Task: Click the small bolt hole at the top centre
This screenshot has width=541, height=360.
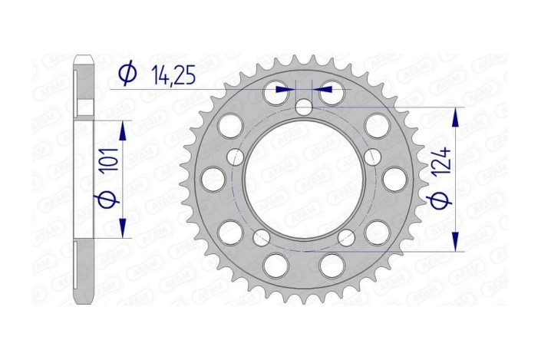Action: tap(305, 107)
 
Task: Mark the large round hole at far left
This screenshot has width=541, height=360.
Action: tap(210, 180)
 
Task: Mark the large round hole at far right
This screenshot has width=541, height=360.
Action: tap(394, 180)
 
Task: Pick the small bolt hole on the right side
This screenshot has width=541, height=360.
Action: tap(372, 157)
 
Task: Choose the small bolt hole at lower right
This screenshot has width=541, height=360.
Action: tap(347, 236)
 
